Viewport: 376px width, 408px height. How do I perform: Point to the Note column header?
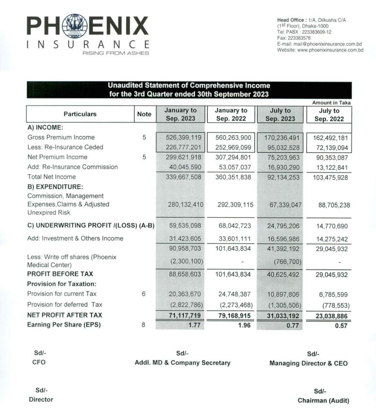144,114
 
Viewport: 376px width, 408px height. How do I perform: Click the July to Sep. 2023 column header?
280,114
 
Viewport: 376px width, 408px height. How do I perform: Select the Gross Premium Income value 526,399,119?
180,137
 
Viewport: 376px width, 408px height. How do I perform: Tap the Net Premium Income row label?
57,157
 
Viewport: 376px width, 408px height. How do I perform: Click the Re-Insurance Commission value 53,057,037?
231,167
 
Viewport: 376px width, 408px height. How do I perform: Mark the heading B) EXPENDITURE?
55,186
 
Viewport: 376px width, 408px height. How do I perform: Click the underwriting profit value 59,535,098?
180,226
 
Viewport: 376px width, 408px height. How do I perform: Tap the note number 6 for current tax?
144,294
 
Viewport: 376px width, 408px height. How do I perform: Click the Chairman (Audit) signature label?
323,400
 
